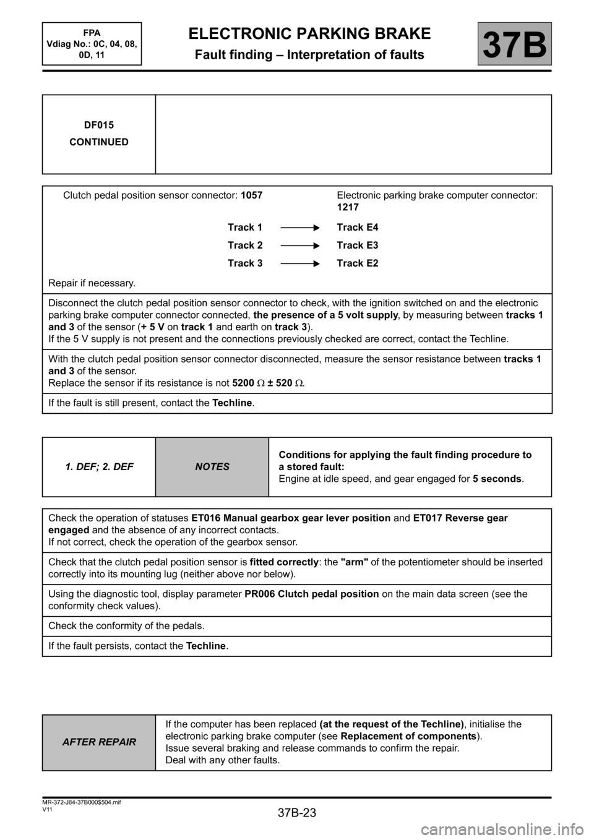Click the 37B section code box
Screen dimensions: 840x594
tap(514, 44)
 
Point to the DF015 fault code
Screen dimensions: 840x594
tap(99, 125)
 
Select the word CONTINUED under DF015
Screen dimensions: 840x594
tap(99, 142)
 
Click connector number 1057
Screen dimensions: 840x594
tap(251, 195)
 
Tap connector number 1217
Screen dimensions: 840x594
tap(348, 207)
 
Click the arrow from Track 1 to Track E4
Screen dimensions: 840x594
tap(299, 228)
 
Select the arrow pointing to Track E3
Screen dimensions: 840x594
tap(299, 246)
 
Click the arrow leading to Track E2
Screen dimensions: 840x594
tap(299, 264)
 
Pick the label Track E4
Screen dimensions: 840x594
tap(358, 228)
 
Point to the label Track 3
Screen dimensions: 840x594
tap(245, 264)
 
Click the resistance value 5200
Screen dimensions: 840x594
tap(243, 383)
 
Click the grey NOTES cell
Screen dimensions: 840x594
tap(212, 467)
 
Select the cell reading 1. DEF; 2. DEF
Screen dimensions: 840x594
tap(99, 467)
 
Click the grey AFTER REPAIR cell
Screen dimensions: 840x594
tap(99, 742)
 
